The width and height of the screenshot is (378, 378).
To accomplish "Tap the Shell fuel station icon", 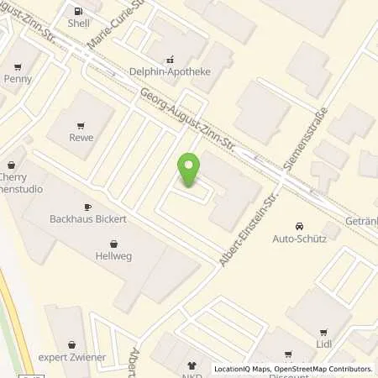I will (x=79, y=12).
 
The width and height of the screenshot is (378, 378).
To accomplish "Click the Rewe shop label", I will (x=81, y=138).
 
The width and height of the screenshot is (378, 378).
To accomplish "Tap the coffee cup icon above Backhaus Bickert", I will (x=88, y=207).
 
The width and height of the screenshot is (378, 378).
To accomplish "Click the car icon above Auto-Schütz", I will (x=299, y=226).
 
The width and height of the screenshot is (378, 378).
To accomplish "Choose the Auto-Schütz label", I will (x=300, y=239).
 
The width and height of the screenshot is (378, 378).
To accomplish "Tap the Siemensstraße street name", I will (x=303, y=139).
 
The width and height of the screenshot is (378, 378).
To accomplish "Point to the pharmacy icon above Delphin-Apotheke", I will (x=171, y=60).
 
